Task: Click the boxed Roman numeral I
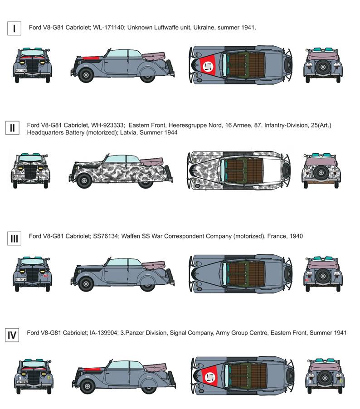(x=15, y=29)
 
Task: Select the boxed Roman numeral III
(x=15, y=238)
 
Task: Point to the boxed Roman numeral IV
(x=13, y=336)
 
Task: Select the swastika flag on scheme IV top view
(x=209, y=376)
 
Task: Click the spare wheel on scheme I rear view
(x=322, y=68)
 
